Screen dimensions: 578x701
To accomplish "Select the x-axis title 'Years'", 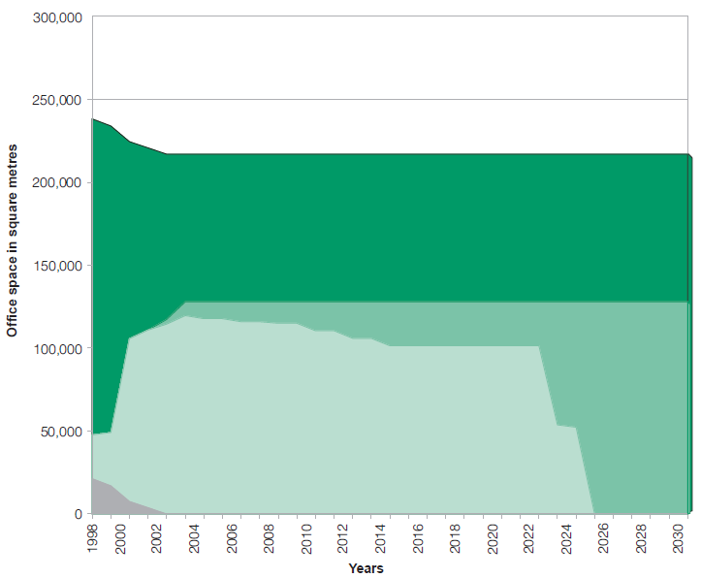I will coord(366,568).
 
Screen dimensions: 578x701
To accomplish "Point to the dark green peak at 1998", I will coord(93,120).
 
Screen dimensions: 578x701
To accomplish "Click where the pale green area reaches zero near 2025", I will coord(593,512).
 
